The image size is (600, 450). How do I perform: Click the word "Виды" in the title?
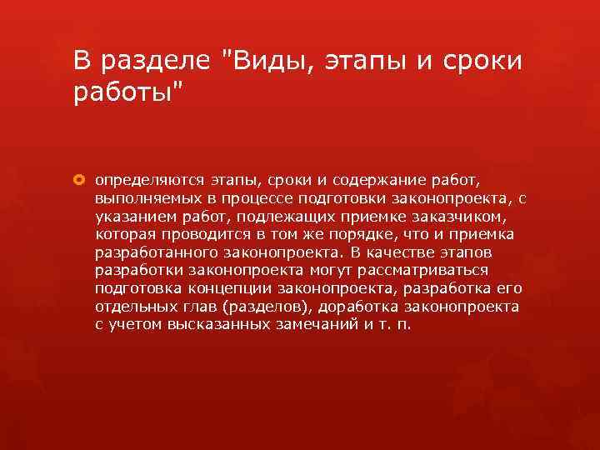pos(258,61)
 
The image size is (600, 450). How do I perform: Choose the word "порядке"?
pos(355,233)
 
